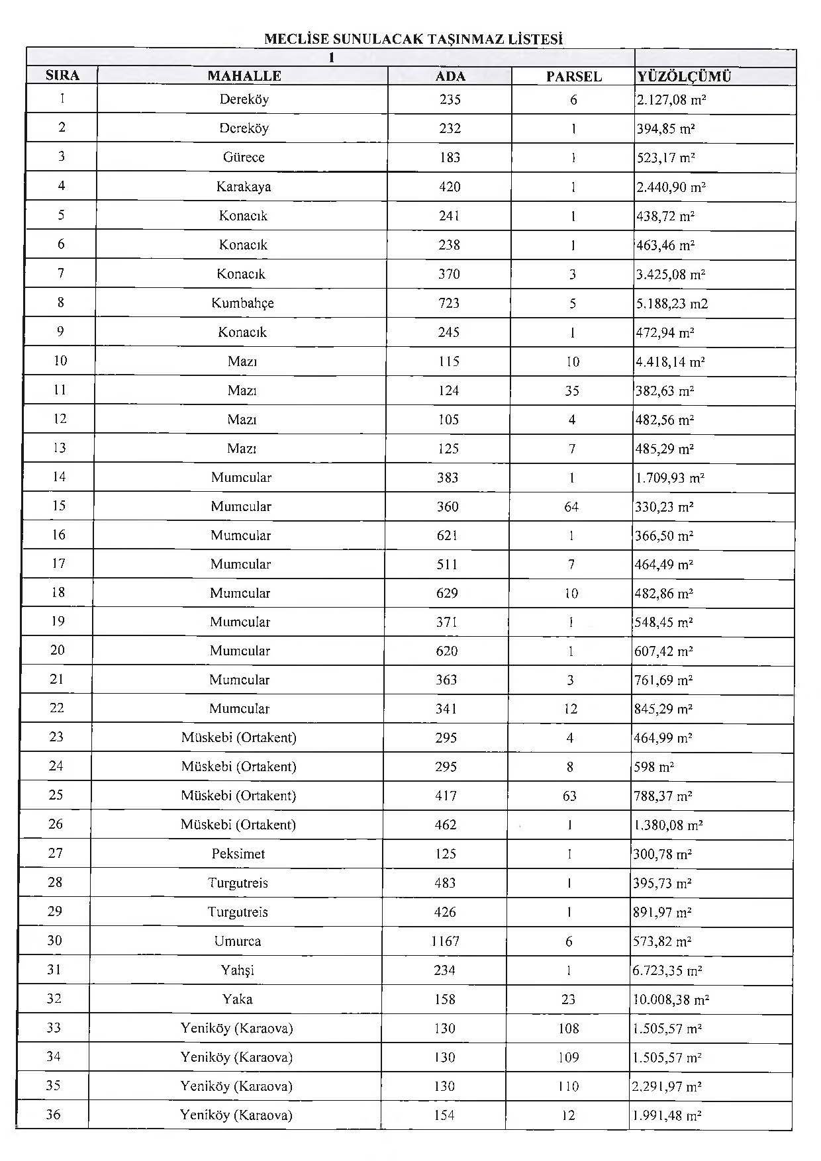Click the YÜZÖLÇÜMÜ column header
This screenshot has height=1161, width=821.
[x=684, y=76]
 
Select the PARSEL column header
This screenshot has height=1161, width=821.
[x=574, y=76]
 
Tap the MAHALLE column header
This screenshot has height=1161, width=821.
[x=244, y=75]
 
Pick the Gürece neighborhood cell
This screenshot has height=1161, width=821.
[x=244, y=158]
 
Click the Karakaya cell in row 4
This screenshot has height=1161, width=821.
[x=244, y=187]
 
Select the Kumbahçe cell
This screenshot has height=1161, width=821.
[x=242, y=303]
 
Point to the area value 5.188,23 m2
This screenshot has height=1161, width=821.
[x=671, y=304]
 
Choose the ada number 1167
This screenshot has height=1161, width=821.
[x=445, y=941]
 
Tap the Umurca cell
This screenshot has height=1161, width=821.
[x=238, y=941]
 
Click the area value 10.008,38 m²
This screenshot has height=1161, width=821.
[x=671, y=999]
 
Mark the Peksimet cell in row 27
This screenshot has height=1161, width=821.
[x=238, y=854]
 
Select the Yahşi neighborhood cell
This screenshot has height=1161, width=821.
[x=238, y=970]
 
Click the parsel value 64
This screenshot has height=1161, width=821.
[x=571, y=507]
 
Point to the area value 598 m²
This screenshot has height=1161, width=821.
[x=654, y=767]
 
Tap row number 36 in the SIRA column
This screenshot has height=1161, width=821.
[x=53, y=1115]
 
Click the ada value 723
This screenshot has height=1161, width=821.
[x=449, y=303]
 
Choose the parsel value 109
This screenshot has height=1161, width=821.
[x=569, y=1058]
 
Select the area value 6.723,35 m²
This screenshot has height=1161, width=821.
[x=667, y=971]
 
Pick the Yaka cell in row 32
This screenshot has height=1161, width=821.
[x=237, y=999]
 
